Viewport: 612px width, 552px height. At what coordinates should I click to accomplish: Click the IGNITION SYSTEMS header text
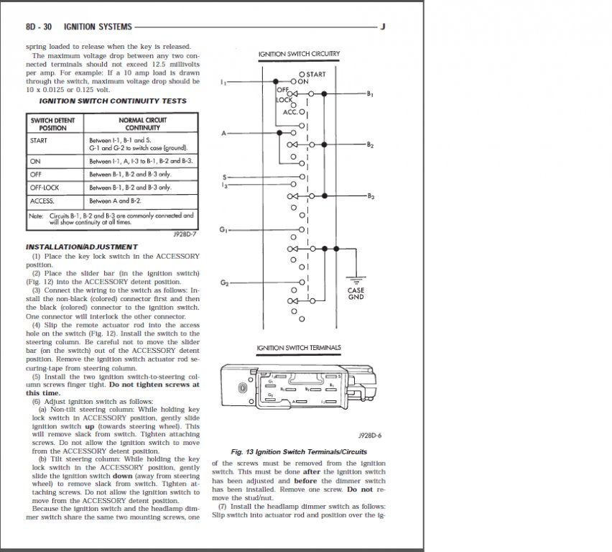(x=98, y=27)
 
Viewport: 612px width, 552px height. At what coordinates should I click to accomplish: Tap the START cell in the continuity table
(x=39, y=140)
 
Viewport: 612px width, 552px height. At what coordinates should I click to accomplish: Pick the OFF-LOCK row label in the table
(x=45, y=187)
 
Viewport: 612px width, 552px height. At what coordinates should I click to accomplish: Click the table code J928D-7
(x=185, y=234)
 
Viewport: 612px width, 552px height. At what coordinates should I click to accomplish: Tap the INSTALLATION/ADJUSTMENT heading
(x=81, y=247)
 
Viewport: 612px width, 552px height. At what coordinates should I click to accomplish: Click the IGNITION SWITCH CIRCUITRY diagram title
(x=299, y=55)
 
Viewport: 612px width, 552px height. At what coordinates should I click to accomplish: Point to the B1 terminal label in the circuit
(x=370, y=94)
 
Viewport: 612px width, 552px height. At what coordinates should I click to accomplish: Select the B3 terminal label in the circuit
(x=370, y=196)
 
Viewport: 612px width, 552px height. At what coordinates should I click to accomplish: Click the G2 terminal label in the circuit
(x=224, y=282)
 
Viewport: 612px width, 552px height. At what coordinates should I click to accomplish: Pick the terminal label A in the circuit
(x=223, y=134)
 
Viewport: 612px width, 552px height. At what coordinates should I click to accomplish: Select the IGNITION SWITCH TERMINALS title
(x=299, y=349)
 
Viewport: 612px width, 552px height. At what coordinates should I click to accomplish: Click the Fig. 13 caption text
(x=299, y=452)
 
